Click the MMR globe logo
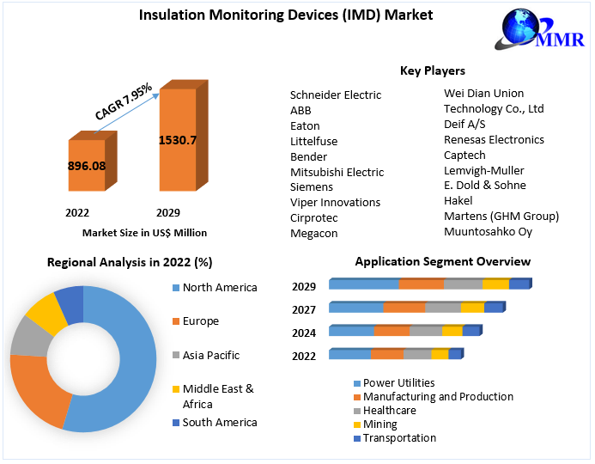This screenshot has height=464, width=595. pos(531,32)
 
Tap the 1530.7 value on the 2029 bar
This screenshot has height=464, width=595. pos(178,140)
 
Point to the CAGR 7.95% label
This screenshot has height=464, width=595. pos(123,101)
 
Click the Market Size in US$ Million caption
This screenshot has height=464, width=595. pos(144,233)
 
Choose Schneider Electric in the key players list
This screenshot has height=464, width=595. pos(336,95)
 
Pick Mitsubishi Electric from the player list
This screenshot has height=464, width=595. pos(337,172)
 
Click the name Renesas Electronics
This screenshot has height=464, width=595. pos(494,139)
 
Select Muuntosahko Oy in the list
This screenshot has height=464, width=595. pos(488,231)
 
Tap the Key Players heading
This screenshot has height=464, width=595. pos(432,70)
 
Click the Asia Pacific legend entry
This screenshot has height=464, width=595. pos(210,355)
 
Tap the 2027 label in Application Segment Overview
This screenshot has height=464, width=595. pos(303,310)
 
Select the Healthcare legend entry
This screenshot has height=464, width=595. pos(389,411)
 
